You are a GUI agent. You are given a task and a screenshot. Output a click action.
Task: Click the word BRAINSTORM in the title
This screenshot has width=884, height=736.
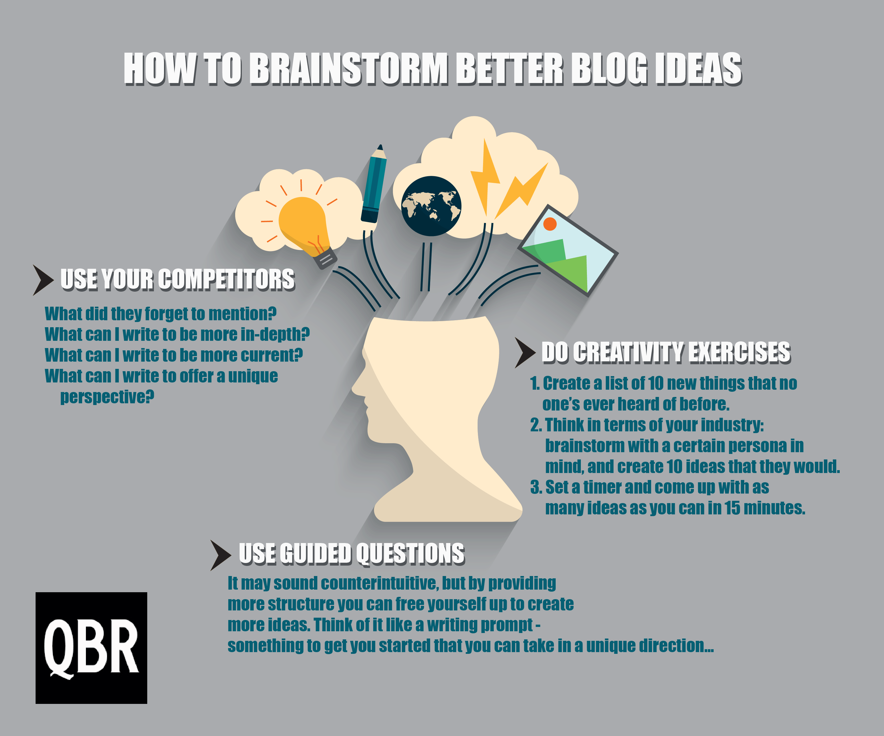349,69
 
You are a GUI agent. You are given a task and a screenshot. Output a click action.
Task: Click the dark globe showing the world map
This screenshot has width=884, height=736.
431,206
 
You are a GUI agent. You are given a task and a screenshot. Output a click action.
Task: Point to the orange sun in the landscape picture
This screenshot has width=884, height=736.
550,224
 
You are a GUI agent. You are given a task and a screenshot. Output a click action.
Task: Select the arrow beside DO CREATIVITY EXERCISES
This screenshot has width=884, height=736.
525,353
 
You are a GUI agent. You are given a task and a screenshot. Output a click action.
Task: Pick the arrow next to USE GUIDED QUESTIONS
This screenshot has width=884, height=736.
221,555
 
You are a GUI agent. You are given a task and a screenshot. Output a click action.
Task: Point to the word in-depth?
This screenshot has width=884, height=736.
275,335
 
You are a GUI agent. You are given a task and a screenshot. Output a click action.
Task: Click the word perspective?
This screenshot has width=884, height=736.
107,397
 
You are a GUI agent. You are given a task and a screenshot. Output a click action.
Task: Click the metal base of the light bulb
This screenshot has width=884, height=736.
327,258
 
